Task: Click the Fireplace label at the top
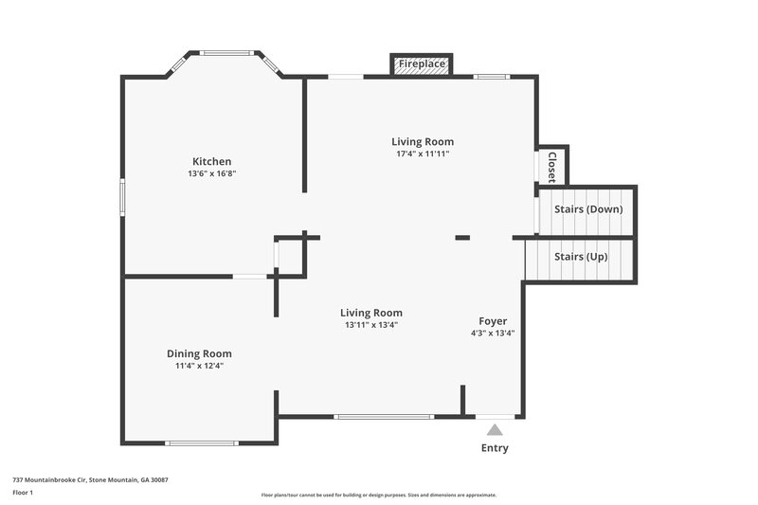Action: point(421,64)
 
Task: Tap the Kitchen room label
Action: point(211,161)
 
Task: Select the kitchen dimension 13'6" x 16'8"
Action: point(211,174)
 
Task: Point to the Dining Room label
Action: point(199,353)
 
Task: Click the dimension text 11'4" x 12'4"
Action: point(199,366)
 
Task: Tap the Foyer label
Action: point(493,321)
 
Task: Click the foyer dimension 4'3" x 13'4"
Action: point(493,334)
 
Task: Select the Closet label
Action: point(551,167)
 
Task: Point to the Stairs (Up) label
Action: point(581,257)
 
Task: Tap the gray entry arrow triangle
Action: point(495,430)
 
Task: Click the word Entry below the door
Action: point(495,448)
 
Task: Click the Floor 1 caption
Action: point(23,494)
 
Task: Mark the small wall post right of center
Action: point(462,237)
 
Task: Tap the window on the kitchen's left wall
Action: point(122,198)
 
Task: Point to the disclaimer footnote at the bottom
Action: point(379,495)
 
